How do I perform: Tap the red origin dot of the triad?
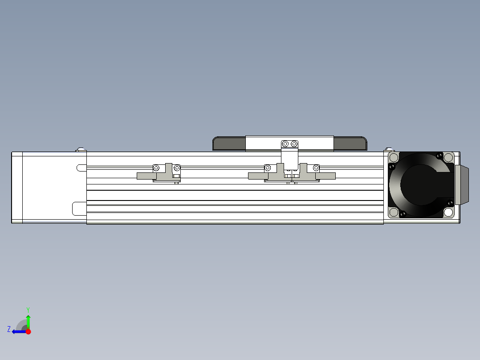pyautogui.click(x=28, y=331)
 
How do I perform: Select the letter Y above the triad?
pyautogui.click(x=28, y=309)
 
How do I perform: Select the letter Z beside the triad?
pyautogui.click(x=9, y=329)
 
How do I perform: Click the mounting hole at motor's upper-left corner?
pyautogui.click(x=394, y=157)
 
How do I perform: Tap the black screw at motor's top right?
pyautogui.click(x=440, y=155)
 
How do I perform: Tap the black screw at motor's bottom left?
pyautogui.click(x=403, y=215)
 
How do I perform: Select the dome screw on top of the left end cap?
pyautogui.click(x=81, y=149)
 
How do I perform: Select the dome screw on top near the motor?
pyautogui.click(x=390, y=149)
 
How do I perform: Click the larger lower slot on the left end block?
pyautogui.click(x=79, y=209)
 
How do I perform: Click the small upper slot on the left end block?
pyautogui.click(x=81, y=168)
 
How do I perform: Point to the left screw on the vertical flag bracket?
pyautogui.click(x=285, y=144)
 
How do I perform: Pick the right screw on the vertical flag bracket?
pyautogui.click(x=294, y=144)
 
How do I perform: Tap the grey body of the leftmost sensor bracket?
pyautogui.click(x=147, y=176)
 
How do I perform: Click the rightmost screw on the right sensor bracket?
pyautogui.click(x=316, y=168)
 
